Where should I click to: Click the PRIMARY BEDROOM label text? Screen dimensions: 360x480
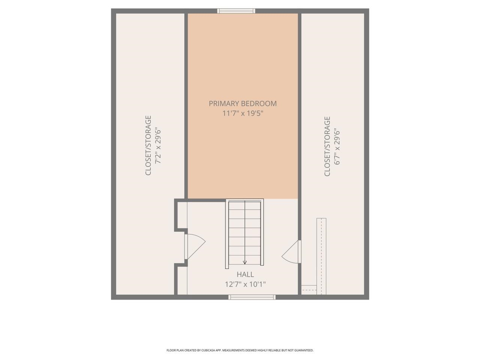[243, 103]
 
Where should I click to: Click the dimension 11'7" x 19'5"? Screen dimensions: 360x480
[243, 113]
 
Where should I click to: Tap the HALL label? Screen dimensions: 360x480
[245, 274]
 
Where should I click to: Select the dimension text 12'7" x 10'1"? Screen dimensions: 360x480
[245, 284]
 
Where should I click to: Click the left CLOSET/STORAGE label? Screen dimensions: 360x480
[148, 145]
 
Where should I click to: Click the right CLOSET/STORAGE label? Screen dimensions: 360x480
[327, 146]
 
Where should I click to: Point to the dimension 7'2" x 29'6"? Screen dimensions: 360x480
[158, 145]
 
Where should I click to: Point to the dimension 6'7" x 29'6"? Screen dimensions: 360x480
[337, 146]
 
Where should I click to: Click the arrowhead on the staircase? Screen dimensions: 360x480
[245, 262]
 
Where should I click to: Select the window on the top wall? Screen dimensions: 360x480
[237, 11]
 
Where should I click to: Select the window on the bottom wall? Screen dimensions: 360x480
[252, 297]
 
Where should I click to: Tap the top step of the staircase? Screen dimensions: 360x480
[245, 205]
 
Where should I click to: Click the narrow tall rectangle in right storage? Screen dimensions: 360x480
[321, 255]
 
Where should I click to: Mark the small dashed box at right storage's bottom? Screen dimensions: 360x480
[309, 289]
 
